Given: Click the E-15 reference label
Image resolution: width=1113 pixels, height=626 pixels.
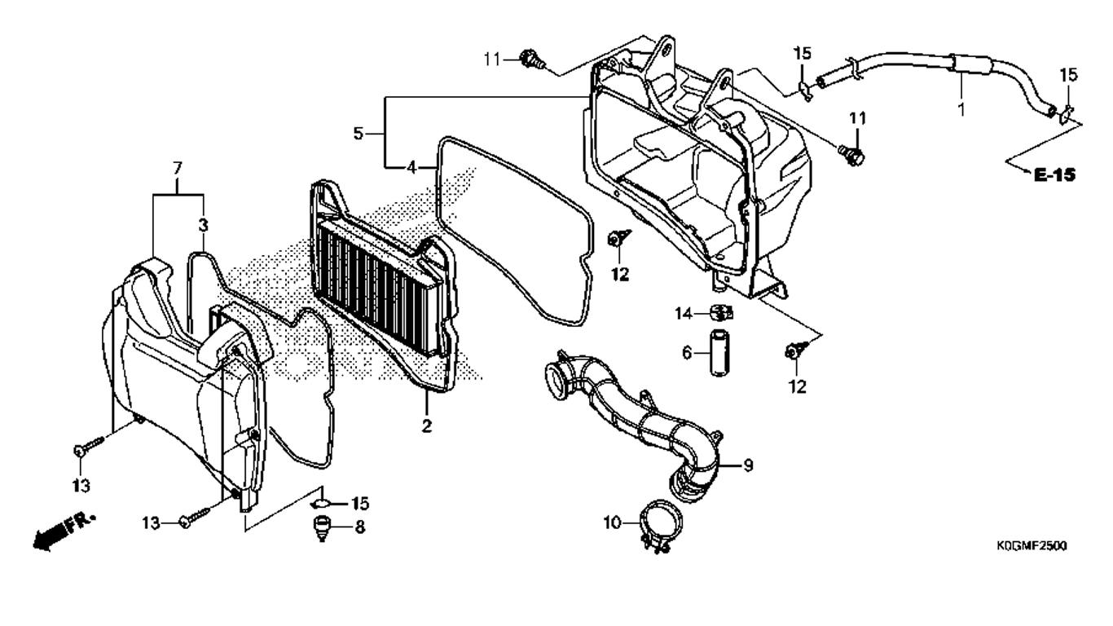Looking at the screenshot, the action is click(x=1054, y=174).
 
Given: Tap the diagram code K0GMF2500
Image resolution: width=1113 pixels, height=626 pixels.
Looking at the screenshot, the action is click(x=1032, y=546).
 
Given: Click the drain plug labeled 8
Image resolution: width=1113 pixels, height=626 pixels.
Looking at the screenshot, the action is click(x=322, y=529).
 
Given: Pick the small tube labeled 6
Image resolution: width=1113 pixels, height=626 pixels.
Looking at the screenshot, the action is click(x=719, y=352).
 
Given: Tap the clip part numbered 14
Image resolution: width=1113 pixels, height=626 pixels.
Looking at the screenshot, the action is click(x=720, y=313).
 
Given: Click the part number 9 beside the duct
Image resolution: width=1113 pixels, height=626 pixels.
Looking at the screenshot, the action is click(x=748, y=466).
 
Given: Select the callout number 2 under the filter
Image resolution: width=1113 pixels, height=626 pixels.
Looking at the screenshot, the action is click(x=426, y=425).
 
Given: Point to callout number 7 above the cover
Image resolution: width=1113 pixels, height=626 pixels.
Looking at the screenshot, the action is click(x=178, y=169).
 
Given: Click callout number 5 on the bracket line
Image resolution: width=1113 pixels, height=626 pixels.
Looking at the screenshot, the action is click(x=359, y=134).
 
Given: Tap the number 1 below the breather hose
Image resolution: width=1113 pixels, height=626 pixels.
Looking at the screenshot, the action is click(x=961, y=109).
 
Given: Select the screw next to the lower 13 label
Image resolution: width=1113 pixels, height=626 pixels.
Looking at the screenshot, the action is click(x=197, y=516).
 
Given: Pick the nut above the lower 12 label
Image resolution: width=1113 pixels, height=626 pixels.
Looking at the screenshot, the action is click(x=794, y=351).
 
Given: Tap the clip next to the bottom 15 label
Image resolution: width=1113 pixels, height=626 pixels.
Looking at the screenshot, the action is click(x=321, y=505).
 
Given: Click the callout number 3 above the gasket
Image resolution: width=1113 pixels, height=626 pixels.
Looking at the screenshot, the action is click(x=203, y=225).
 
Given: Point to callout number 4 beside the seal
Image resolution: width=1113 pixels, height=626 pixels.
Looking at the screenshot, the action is click(x=411, y=168).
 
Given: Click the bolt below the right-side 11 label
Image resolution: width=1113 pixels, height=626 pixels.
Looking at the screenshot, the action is click(x=851, y=155).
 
